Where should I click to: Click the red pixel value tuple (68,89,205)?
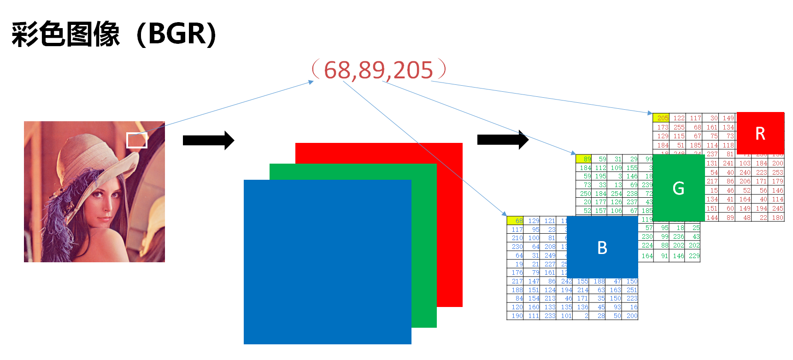point(379,70)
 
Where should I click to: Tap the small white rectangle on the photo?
point(137,140)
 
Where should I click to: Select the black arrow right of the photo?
point(208,140)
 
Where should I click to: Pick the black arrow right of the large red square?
point(503,140)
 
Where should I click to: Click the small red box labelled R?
point(760,133)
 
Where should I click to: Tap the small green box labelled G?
point(678,188)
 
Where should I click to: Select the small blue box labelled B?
point(602,247)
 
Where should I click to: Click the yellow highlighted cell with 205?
point(661,118)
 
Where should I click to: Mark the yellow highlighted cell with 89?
point(584,159)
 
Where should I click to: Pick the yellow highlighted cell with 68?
point(515,221)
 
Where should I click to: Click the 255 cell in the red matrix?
point(678,127)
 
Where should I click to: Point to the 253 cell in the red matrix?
point(777,172)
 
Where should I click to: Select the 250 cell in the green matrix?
point(584,194)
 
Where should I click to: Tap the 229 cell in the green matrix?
point(693,256)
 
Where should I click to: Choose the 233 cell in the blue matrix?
point(549,316)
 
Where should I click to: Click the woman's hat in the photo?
point(92,152)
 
